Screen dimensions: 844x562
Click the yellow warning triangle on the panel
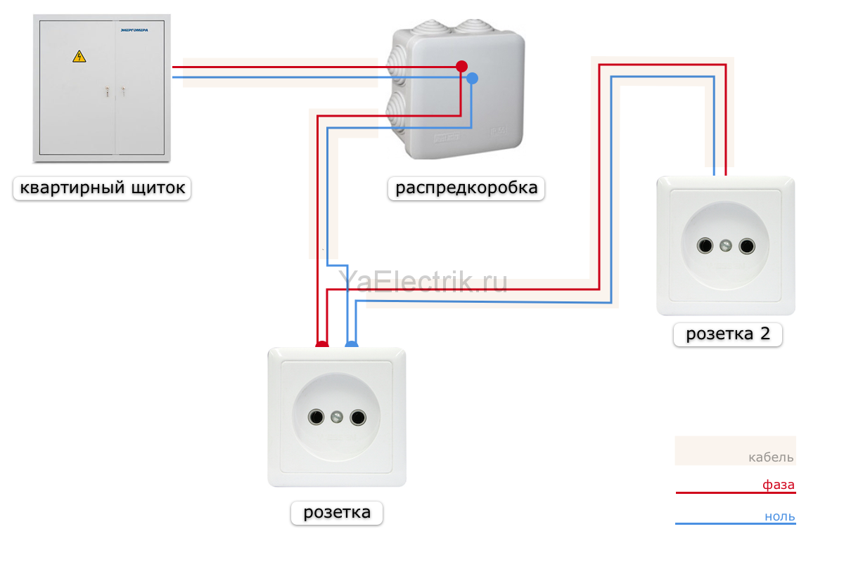pos(79,56)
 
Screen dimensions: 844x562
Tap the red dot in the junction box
pos(461,66)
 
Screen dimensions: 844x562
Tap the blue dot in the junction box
pos(472,78)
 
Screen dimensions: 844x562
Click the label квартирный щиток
pos(102,188)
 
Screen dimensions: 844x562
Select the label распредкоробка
pos(466,188)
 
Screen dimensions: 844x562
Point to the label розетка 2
pos(728,334)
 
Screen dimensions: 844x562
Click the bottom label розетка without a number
pos(337,512)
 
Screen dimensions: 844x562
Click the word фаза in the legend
pos(779,485)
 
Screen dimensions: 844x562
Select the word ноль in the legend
pos(779,516)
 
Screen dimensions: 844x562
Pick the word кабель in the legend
pos(771,457)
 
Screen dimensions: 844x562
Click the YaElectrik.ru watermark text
pos(423,281)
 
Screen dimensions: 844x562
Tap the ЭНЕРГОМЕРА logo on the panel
pos(134,30)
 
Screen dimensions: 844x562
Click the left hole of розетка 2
pos(705,246)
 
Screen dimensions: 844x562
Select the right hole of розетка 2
pos(747,247)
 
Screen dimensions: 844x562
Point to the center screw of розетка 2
pos(726,246)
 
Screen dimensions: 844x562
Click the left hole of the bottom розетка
pos(316,417)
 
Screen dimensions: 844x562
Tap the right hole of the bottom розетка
pos(357,417)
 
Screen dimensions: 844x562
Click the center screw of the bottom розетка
pos(336,417)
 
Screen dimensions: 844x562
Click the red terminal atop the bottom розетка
pos(322,344)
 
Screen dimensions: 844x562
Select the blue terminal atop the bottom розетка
pos(352,344)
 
